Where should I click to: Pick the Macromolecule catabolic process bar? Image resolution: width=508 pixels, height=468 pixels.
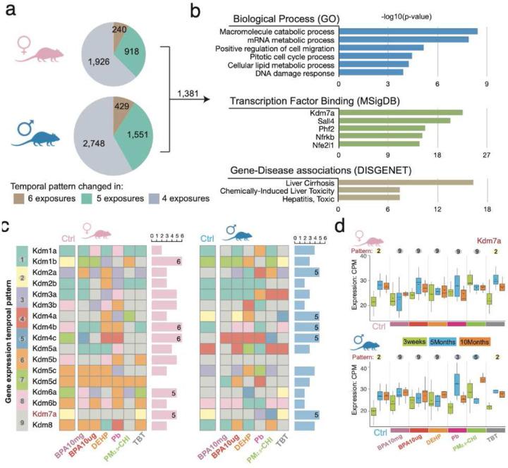click(410, 31)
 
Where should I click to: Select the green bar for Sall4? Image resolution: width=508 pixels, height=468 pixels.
click(395, 121)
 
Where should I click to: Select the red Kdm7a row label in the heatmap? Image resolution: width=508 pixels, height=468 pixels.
click(44, 414)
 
